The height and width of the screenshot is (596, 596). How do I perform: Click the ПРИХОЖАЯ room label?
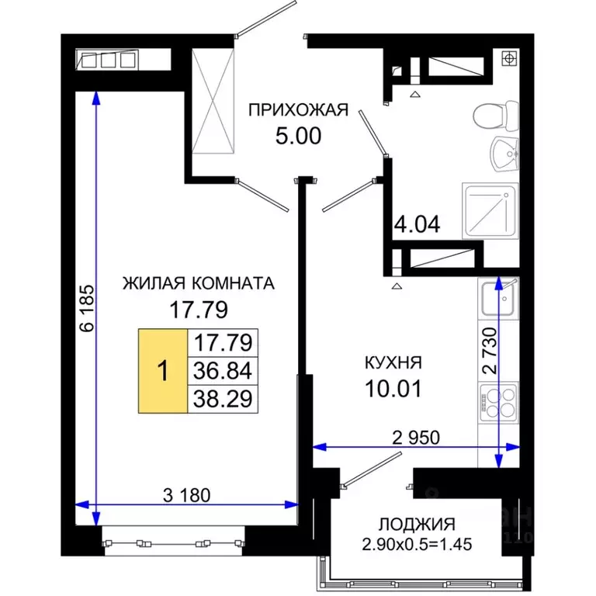297,109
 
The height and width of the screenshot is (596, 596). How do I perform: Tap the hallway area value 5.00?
297,137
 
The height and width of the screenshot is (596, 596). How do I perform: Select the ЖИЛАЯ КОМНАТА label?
199,283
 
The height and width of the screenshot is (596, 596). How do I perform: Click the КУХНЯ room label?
394,362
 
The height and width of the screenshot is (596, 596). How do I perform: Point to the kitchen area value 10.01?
394,388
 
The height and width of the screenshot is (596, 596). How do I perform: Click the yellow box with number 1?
162,370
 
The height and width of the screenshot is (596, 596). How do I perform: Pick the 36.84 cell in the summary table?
223,370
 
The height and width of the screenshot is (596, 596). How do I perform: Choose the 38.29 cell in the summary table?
223,398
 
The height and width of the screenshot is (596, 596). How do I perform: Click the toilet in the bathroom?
494,116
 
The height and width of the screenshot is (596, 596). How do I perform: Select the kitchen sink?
497,300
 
